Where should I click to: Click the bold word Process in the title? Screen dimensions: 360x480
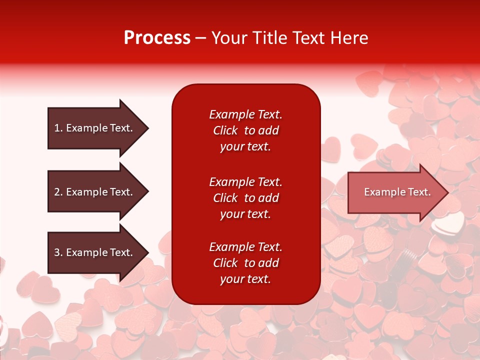coord(157,38)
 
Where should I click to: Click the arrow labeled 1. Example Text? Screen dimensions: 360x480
coord(93,128)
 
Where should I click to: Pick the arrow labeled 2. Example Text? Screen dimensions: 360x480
coord(93,192)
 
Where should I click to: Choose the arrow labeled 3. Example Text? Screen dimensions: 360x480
coord(93,252)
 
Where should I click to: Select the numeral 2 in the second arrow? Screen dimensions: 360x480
coord(57,192)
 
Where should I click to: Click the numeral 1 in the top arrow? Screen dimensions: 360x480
coord(57,128)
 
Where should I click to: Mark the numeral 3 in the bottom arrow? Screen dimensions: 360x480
coord(57,252)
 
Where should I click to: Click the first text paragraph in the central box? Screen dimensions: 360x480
coord(245,130)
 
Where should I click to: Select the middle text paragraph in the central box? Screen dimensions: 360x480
coord(245,198)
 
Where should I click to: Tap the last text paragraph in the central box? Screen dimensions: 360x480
coord(245,263)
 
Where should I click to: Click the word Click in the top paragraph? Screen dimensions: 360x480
coord(225,130)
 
